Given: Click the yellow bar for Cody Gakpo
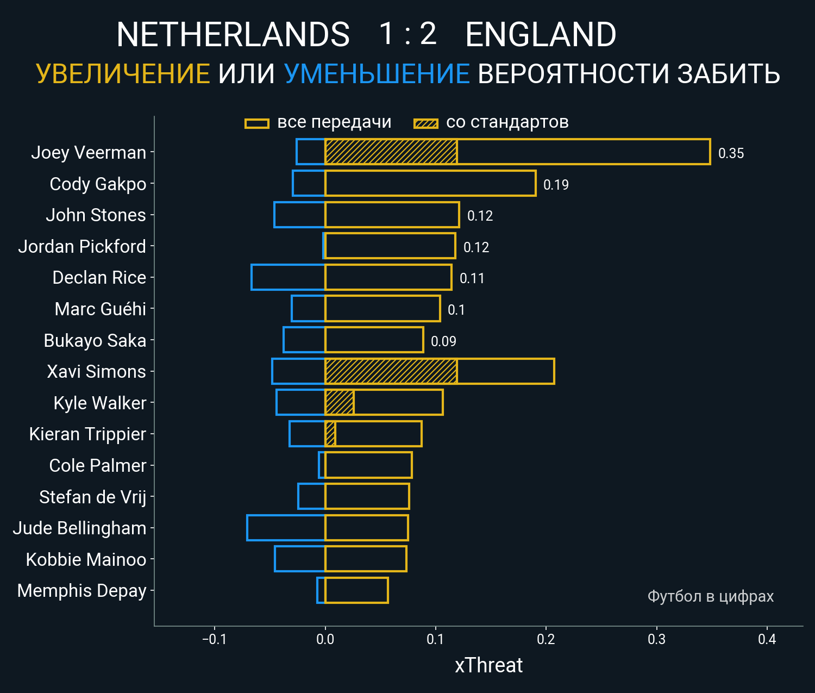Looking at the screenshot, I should pos(430,183).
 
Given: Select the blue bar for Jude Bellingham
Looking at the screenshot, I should pos(286,528).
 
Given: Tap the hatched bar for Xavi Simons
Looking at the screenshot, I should pos(391,371).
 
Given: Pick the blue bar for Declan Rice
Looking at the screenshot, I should pos(288,277).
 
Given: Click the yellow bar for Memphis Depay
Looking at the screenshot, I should pos(356,590).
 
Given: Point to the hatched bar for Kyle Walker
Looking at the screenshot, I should pos(340,403).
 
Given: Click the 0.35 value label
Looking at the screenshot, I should pos(731,153).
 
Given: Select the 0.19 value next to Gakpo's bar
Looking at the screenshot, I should pos(556,185).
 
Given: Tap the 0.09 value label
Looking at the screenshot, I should pos(443,341).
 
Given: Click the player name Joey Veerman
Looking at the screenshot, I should pos(89,153).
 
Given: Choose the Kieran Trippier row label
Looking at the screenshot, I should pos(87,434).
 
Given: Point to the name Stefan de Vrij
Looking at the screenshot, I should pos(92,497).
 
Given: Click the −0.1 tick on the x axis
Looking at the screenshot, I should pos(214,639).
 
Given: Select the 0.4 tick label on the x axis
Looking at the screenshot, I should pos(767,639).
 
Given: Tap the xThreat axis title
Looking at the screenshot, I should pos(488,665).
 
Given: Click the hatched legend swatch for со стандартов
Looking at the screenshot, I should pos(425,123).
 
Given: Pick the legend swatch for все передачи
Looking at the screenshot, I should pos(257,123).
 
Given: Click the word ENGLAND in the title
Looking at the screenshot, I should pos(541,35).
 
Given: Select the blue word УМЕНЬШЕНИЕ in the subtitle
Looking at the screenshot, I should pos(377,74).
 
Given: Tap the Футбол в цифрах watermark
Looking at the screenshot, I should pos(710,596).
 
